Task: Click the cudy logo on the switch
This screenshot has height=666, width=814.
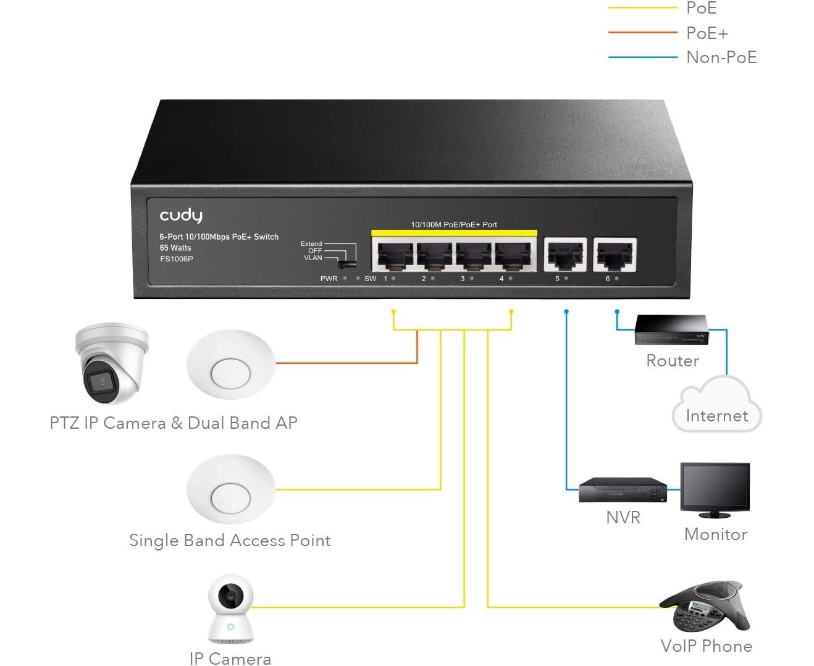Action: [180, 216]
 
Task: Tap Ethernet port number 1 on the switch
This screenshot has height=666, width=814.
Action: [395, 255]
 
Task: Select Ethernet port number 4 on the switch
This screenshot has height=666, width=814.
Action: [513, 255]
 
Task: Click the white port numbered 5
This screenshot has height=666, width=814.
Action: [565, 254]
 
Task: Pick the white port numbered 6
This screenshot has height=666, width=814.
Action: [615, 254]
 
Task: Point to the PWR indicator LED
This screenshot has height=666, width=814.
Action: [345, 279]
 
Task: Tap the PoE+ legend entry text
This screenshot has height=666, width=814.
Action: [707, 33]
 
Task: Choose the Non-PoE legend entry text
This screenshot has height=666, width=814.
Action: [721, 57]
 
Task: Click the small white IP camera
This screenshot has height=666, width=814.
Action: [230, 610]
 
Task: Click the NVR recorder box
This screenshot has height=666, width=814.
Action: [623, 490]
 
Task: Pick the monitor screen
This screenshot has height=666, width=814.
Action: [715, 487]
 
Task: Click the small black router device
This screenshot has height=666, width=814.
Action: [671, 331]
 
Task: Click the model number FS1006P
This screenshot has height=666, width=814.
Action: [177, 259]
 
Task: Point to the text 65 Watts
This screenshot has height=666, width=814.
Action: [175, 248]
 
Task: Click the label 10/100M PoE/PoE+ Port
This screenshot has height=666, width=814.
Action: [454, 224]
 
